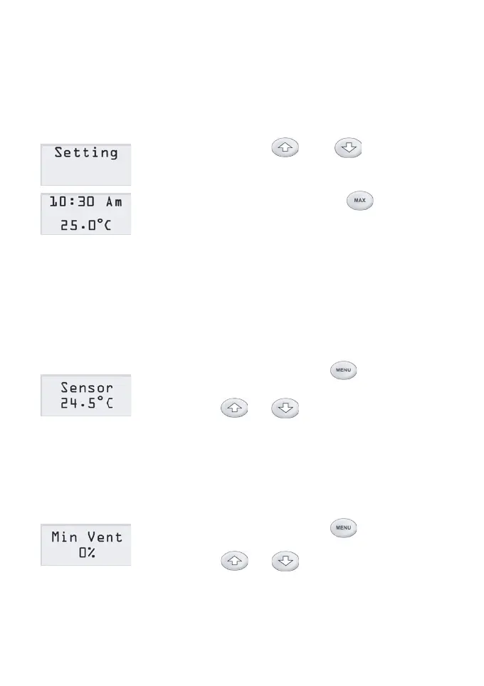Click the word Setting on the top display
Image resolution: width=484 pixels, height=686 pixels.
pos(86,153)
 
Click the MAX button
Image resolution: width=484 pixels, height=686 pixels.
pos(360,201)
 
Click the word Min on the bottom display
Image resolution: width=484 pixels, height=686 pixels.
pos(65,537)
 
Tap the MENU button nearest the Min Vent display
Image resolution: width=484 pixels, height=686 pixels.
pos(342,527)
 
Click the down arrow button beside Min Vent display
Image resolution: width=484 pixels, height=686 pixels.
pos(285,560)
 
